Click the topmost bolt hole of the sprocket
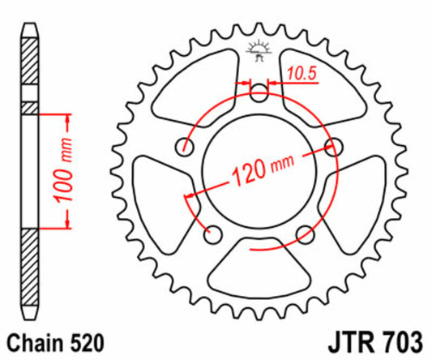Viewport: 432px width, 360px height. tap(259, 94)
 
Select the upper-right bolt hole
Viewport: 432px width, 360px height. tap(331, 147)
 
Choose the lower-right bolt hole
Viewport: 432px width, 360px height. tap(304, 234)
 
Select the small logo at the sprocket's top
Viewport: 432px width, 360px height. tap(259, 48)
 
